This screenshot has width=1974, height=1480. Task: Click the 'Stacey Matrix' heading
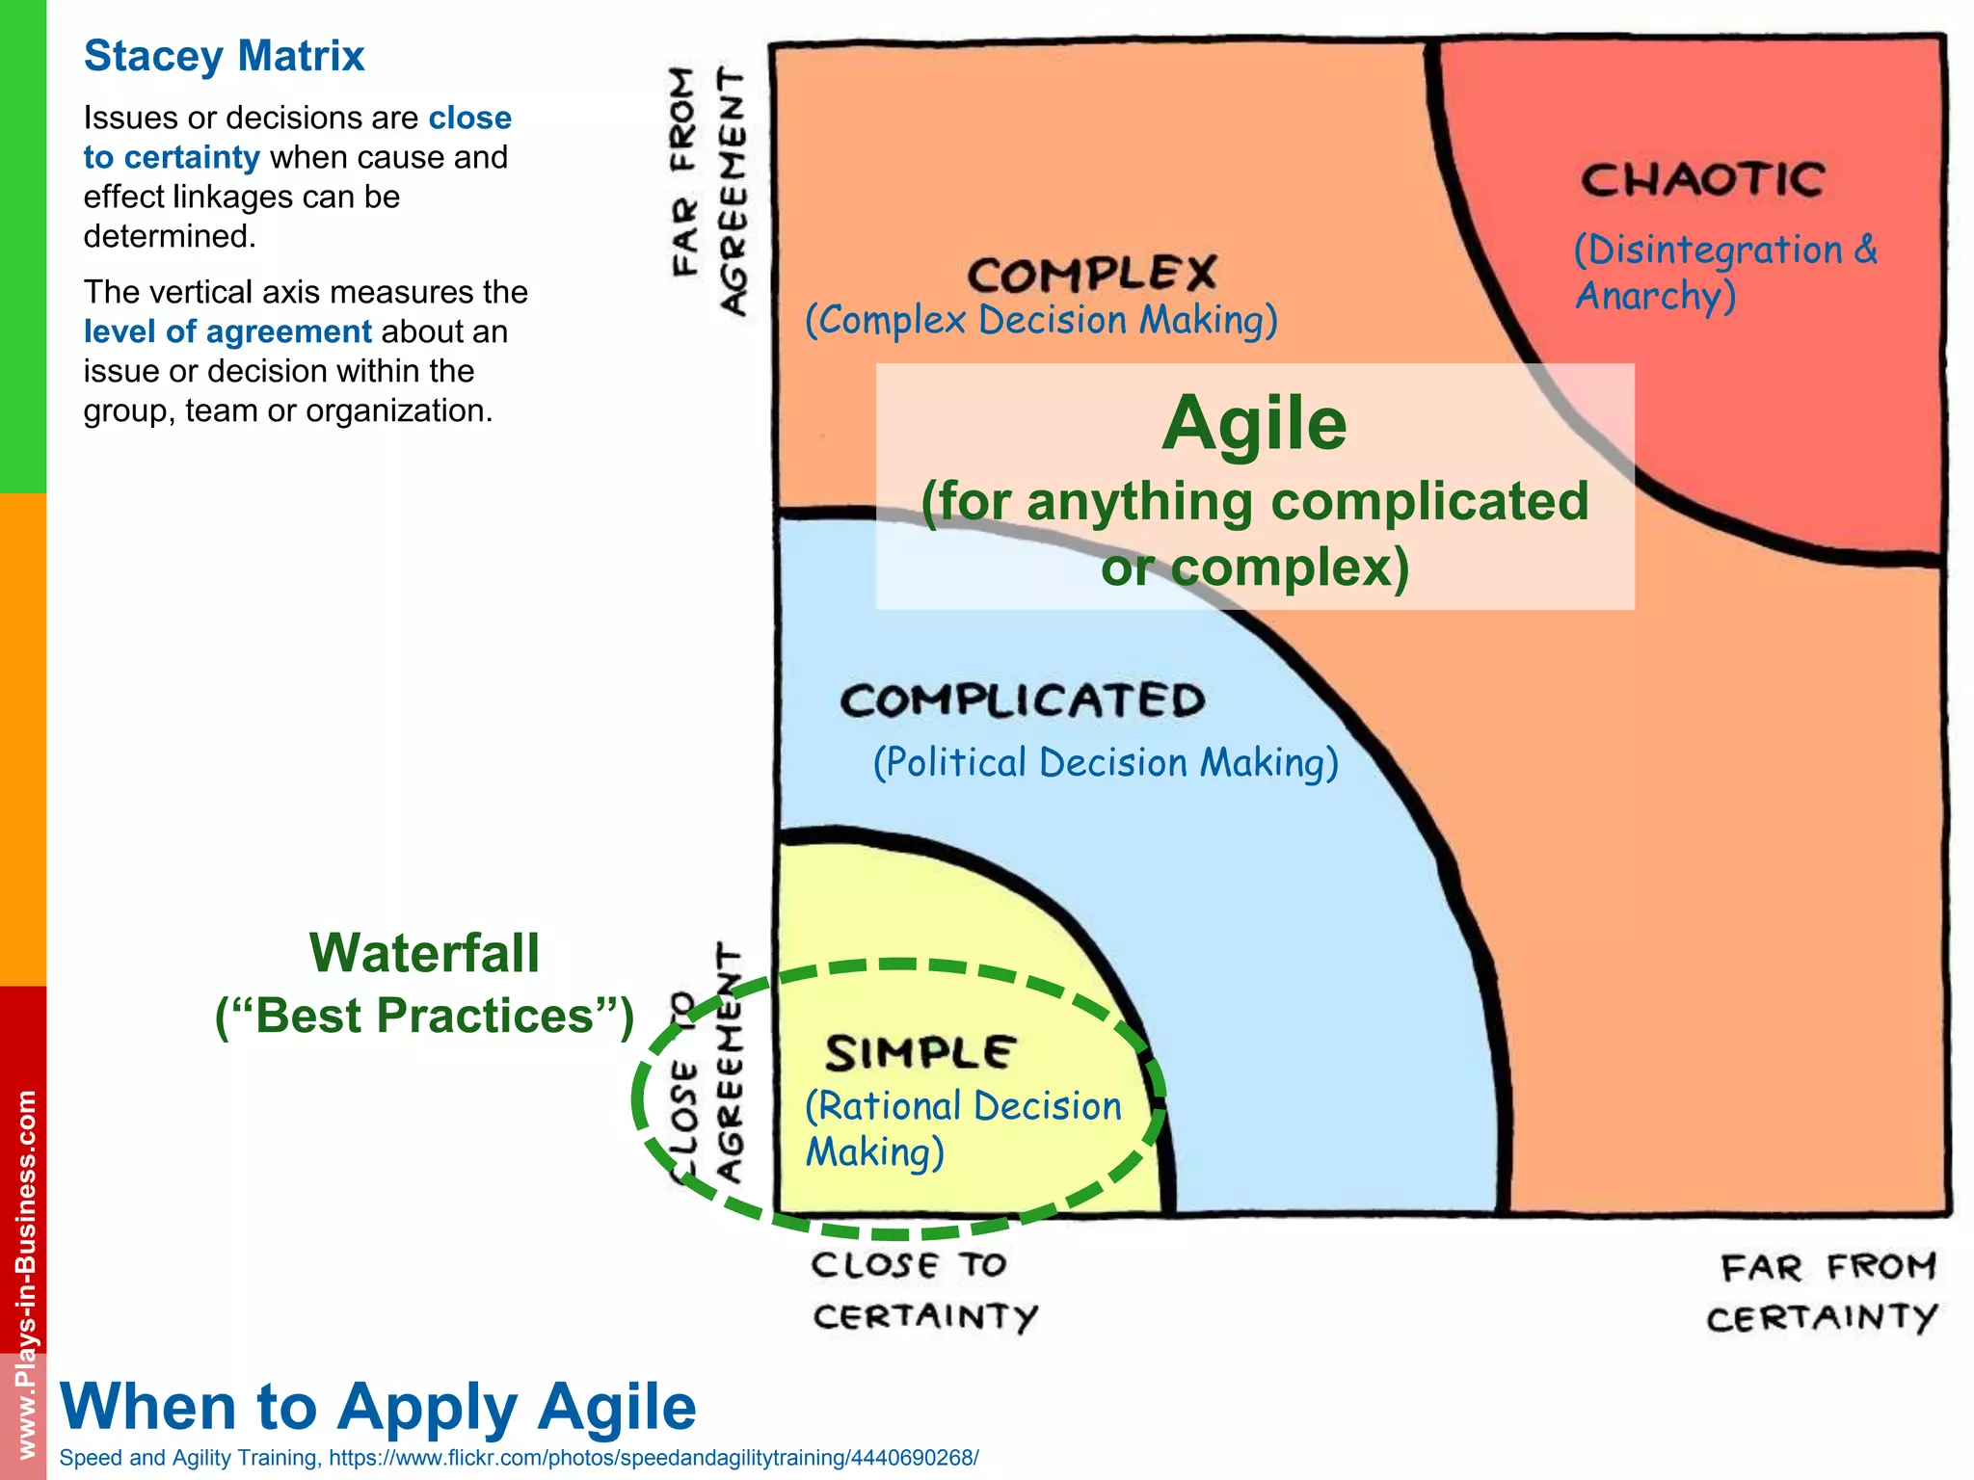224,56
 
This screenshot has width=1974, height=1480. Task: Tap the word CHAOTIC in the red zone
1702,180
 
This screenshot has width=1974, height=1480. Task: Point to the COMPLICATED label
1023,700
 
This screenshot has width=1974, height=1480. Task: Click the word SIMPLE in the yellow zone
920,1052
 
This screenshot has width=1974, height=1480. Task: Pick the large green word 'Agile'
1254,424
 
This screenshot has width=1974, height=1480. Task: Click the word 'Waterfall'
424,954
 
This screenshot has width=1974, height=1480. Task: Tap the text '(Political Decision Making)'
1106,763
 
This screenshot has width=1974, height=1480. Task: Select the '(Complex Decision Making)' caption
1041,321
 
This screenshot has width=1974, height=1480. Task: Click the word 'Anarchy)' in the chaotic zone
1655,296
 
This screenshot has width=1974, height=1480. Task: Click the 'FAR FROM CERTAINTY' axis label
1822,1292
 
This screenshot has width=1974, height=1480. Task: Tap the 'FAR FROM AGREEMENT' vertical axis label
708,190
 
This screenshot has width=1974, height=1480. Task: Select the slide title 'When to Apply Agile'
378,1406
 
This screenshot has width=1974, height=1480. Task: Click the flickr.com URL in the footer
653,1458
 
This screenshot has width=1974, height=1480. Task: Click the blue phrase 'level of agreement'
227,331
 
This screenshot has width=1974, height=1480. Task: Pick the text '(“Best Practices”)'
424,1016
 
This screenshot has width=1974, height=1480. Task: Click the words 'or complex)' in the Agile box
1254,567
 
